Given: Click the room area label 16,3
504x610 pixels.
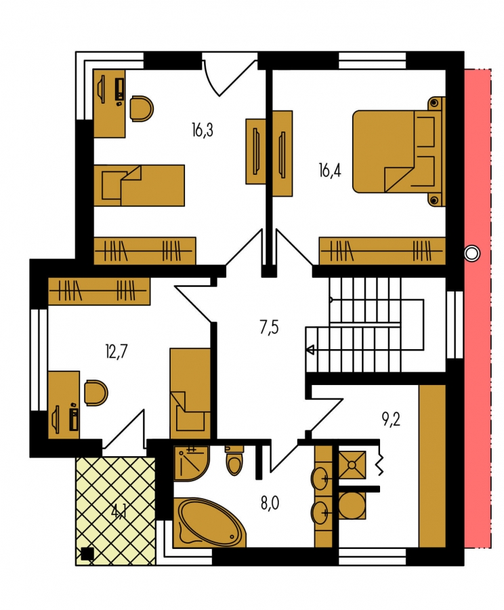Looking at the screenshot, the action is [x=203, y=130].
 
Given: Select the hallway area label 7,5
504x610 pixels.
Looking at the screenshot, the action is [x=269, y=327].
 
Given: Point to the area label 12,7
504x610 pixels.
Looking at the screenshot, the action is [x=117, y=352].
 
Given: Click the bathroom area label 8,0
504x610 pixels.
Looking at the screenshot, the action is [x=270, y=504].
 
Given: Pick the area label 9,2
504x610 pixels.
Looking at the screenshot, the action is [x=391, y=420].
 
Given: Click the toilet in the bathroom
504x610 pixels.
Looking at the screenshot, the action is [x=234, y=460].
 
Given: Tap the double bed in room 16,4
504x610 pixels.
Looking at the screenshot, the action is [x=399, y=151].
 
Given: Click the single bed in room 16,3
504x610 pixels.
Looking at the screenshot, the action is [x=139, y=185].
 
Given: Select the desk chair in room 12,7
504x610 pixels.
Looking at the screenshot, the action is [x=96, y=393].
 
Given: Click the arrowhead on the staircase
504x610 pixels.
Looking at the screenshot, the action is [x=310, y=350].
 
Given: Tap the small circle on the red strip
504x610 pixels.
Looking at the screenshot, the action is [x=472, y=253].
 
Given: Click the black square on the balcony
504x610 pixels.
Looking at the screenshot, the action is [x=87, y=554].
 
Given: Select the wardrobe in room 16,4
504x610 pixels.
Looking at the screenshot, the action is [x=382, y=251].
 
